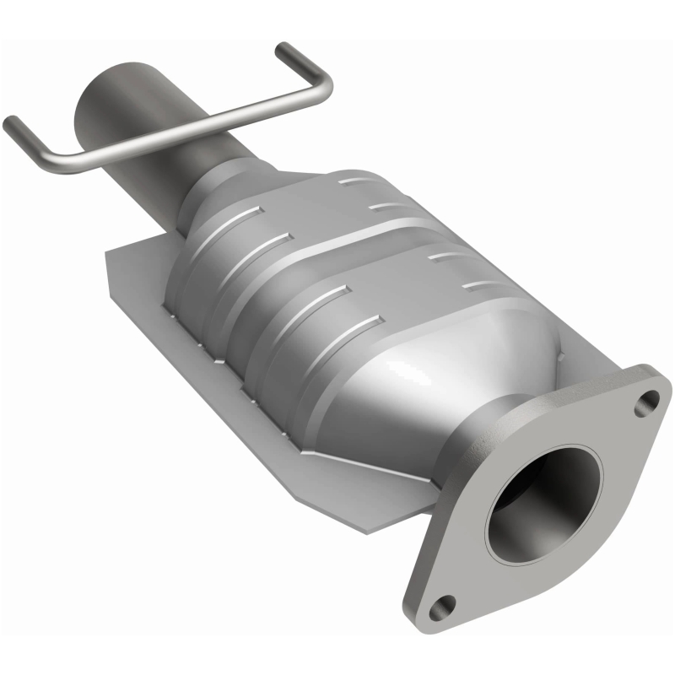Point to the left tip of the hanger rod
click(x=11, y=124)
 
